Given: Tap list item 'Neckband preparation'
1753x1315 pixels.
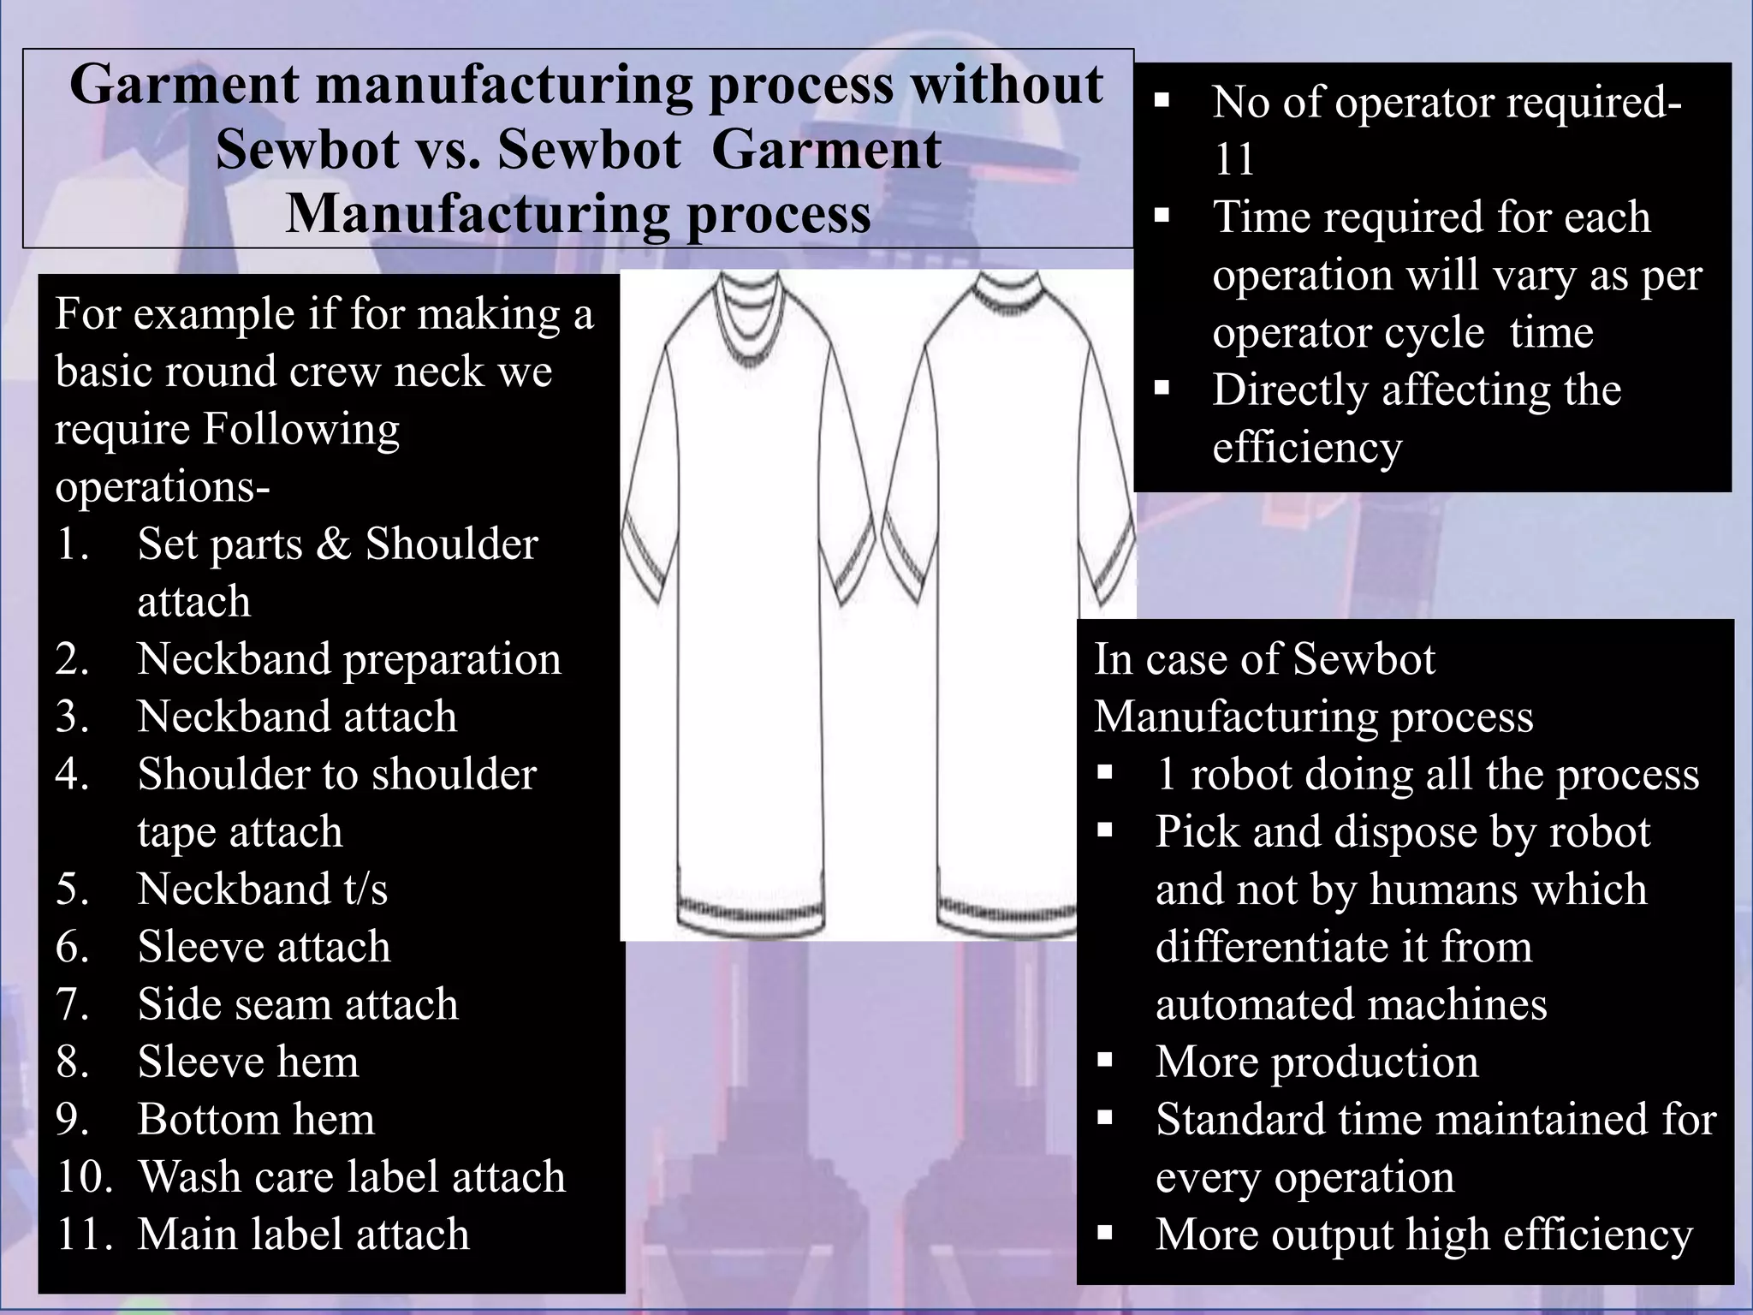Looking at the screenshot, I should pos(348,659).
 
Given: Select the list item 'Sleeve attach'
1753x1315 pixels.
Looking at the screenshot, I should pos(264,947).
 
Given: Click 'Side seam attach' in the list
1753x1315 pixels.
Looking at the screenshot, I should pos(298,1004).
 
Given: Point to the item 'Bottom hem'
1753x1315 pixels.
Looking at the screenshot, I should pos(256,1119).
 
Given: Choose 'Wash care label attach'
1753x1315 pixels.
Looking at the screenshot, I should pos(351,1176).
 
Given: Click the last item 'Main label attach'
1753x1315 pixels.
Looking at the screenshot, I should pos(303,1235).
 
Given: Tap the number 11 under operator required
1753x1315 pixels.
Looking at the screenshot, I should pos(1233,159).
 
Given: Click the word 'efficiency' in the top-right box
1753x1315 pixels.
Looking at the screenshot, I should pos(1307,447).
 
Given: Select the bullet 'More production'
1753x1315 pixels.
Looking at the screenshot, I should pos(1316,1062).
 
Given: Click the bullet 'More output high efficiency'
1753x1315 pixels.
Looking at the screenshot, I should pos(1423,1235).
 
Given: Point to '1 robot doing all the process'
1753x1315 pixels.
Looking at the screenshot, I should pos(1427,775).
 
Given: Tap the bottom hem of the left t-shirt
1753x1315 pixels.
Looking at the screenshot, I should pos(752,912).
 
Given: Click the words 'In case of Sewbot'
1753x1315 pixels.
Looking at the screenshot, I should pos(1264,659).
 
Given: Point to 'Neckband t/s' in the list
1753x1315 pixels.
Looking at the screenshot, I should pos(262,889).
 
